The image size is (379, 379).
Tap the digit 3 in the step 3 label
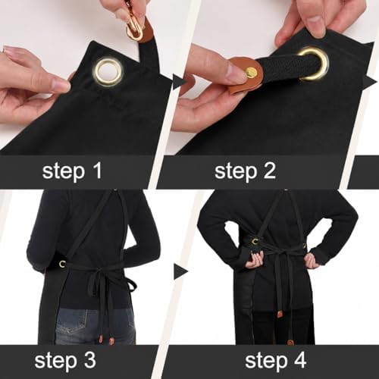[89, 360]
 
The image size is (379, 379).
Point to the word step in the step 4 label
[265, 362]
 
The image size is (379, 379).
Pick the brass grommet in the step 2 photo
[312, 64]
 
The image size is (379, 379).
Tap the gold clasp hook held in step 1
[135, 30]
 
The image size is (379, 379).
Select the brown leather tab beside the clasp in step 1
[146, 32]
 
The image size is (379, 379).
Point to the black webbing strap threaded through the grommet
[280, 66]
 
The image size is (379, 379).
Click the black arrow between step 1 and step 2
[179, 82]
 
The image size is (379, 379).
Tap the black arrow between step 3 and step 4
[180, 271]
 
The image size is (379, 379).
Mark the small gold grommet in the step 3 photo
[62, 264]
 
